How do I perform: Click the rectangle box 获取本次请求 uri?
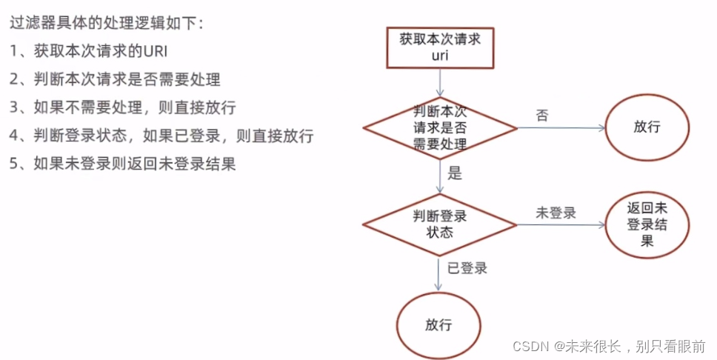coord(440,47)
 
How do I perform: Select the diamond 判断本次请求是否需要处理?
coord(440,127)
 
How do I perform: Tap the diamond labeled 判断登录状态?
coord(440,224)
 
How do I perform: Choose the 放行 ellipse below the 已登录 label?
coord(438,324)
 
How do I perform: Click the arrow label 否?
coord(542,115)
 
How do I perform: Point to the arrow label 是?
coord(455,174)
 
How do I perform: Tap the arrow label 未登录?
coord(556,213)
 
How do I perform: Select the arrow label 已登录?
coord(467,268)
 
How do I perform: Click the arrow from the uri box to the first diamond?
coord(441,82)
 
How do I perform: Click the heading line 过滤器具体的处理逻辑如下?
coord(106,23)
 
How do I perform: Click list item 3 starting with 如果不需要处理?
coord(122,107)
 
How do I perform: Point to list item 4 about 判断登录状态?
coord(161,136)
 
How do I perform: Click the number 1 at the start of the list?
coord(14,50)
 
